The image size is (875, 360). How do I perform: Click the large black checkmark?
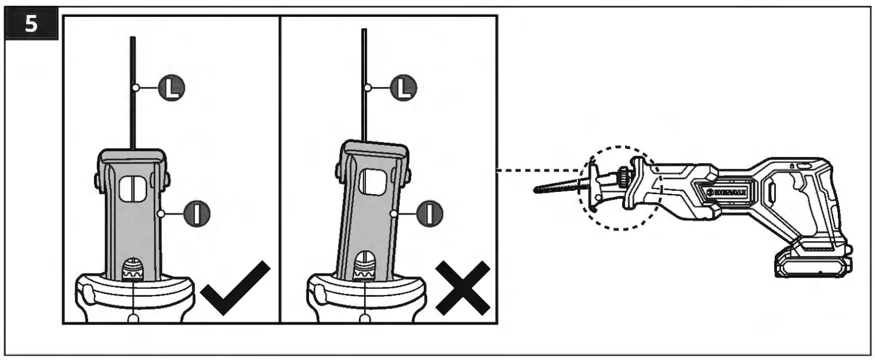point(235,288)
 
